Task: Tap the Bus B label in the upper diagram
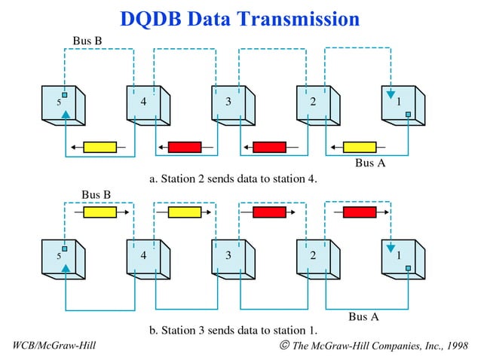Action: click(x=87, y=39)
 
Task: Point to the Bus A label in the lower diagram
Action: click(x=363, y=316)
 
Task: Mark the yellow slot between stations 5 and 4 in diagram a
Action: click(x=100, y=147)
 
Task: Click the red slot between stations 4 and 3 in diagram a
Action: click(x=185, y=147)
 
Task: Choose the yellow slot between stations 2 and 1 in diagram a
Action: click(x=360, y=147)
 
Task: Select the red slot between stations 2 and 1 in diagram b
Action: click(x=360, y=212)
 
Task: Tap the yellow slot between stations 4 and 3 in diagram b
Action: click(x=185, y=212)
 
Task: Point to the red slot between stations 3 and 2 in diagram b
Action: click(x=269, y=212)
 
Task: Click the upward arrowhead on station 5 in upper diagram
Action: click(x=66, y=114)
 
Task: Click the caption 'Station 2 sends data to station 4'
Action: click(x=234, y=178)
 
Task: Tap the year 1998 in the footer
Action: click(x=455, y=346)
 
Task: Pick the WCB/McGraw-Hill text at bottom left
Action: click(x=55, y=346)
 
